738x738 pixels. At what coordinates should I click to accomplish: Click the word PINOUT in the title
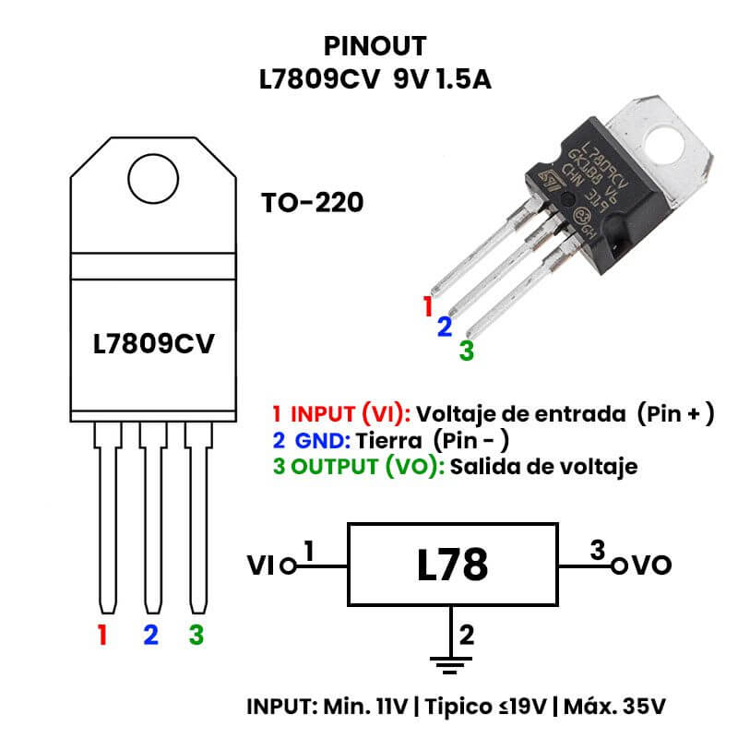(x=375, y=46)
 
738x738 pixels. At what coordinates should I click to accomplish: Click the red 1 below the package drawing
(x=102, y=635)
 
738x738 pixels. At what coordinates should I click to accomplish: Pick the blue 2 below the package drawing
(x=150, y=635)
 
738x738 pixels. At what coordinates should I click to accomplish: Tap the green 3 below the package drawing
(x=196, y=635)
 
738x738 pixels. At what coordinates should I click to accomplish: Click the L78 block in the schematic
(x=451, y=565)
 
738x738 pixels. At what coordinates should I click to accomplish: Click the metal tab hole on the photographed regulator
(x=665, y=142)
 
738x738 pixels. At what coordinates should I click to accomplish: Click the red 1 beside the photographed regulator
(x=427, y=306)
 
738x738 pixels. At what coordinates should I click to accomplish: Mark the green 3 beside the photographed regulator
(x=466, y=350)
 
